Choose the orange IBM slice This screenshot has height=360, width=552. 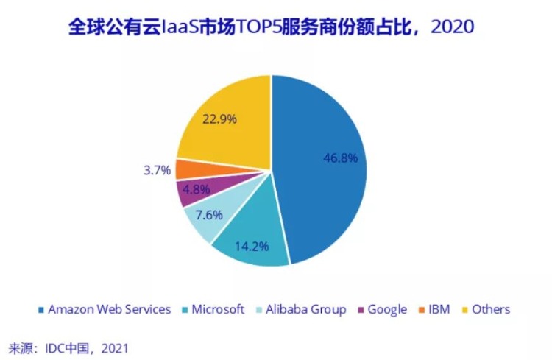[185, 169]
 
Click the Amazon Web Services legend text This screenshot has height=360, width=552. [109, 309]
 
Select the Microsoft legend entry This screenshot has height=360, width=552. [218, 309]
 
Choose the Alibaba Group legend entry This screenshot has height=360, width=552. [306, 309]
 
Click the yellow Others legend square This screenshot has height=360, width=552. [465, 310]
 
